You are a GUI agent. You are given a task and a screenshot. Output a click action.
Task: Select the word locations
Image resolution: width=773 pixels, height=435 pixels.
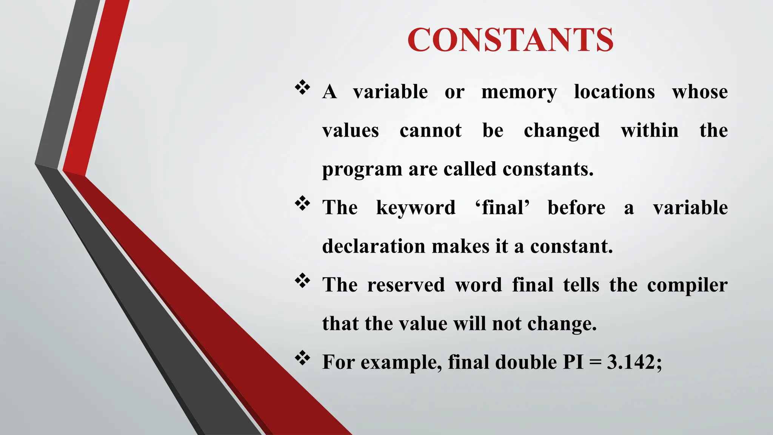(x=614, y=92)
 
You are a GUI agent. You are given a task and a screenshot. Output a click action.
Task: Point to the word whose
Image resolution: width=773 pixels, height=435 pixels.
(x=700, y=92)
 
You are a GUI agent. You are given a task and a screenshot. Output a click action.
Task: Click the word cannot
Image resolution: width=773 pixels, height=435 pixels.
(x=431, y=131)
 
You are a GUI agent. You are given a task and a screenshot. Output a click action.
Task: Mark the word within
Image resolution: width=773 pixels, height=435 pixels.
(x=650, y=131)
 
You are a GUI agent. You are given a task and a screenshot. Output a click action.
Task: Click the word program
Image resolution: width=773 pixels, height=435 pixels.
(x=362, y=170)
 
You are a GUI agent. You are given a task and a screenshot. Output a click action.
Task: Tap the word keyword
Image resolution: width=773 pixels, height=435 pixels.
(x=416, y=208)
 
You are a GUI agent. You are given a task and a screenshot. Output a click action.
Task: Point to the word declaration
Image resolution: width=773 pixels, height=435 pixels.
(x=374, y=247)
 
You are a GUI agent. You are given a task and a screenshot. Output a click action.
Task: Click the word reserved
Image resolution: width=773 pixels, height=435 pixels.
(x=406, y=285)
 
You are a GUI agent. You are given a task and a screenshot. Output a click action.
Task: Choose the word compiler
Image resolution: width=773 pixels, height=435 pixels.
(x=687, y=286)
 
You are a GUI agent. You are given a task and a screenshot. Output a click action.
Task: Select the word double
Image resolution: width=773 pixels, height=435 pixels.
(x=525, y=362)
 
